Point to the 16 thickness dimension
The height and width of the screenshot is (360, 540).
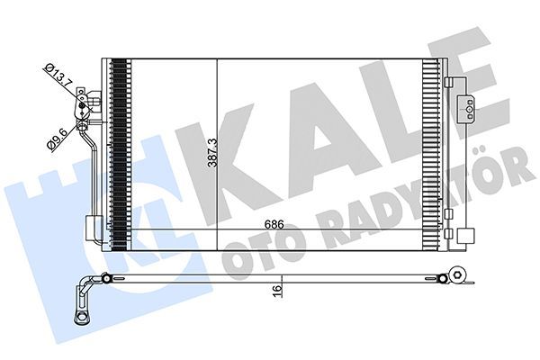[280, 290]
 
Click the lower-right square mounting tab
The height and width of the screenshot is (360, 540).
[463, 237]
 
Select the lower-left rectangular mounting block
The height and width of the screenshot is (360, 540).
[93, 228]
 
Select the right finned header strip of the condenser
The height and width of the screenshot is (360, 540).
[442, 153]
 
